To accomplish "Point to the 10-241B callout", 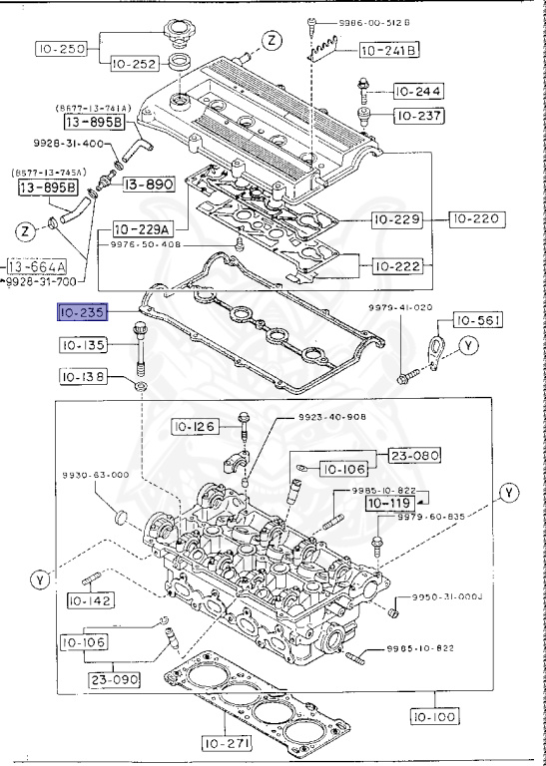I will [x=388, y=49].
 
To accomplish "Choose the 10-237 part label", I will [x=419, y=117].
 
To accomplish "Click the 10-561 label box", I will [x=479, y=320].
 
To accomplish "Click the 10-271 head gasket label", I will [x=229, y=743].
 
